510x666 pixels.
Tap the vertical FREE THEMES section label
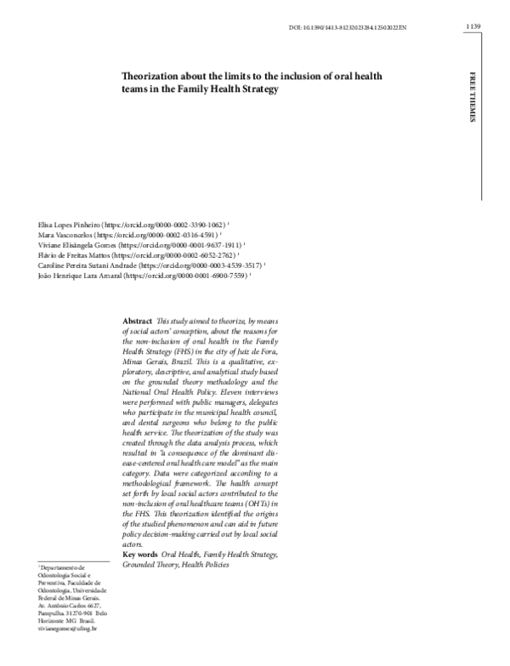coord(473,98)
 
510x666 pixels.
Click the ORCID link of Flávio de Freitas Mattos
coord(173,254)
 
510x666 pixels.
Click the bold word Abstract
coord(137,321)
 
